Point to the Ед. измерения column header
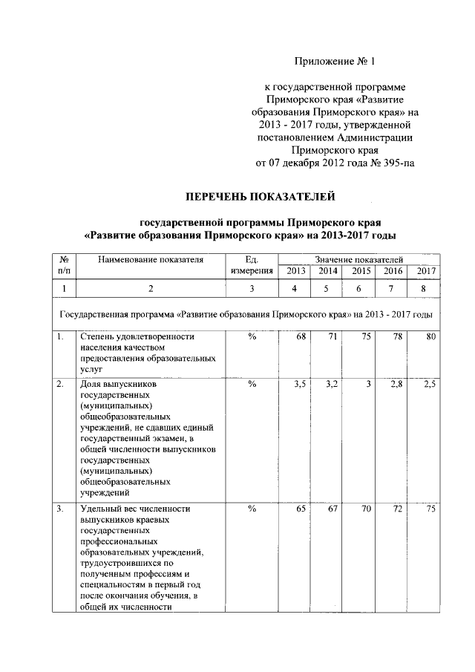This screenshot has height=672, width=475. [252, 264]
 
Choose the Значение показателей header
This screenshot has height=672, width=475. [358, 258]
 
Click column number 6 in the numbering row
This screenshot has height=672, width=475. [361, 288]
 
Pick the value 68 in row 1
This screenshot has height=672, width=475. [301, 337]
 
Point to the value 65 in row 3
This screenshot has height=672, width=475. [301, 509]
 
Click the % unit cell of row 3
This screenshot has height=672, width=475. [252, 509]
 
